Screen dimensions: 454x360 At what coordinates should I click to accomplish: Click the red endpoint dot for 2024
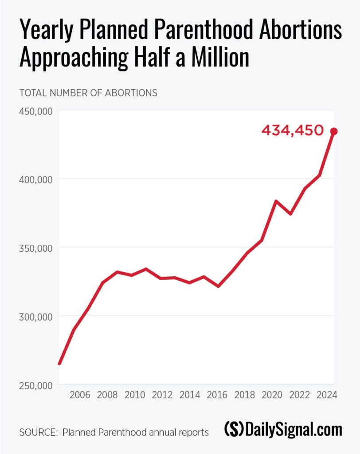(x=334, y=131)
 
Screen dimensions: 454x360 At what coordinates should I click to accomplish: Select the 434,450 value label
(x=293, y=131)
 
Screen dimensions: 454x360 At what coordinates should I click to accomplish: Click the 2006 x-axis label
(x=80, y=395)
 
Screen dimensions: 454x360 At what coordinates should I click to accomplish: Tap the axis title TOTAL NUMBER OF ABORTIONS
(x=88, y=93)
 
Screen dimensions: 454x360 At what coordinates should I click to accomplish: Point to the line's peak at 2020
(x=276, y=201)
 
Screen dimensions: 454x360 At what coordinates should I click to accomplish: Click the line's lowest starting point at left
(x=59, y=364)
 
